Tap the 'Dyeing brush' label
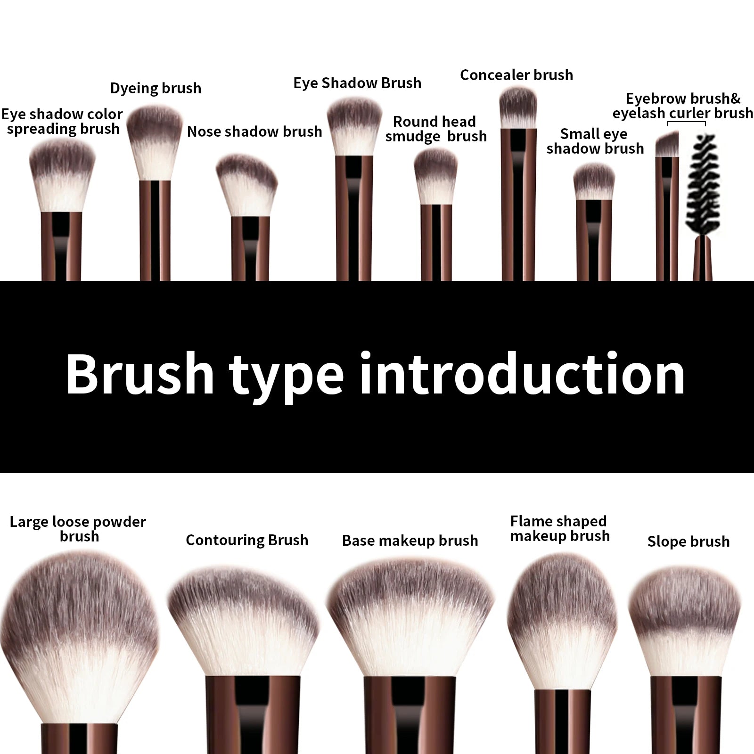coord(156,88)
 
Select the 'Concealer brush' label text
coord(516,75)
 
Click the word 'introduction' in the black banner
coord(522,375)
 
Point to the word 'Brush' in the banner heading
coord(139,375)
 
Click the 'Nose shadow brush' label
coord(254,131)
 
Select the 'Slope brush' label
coord(688,541)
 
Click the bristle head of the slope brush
coord(685,622)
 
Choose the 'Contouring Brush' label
coord(247,540)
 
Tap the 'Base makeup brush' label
coord(410,541)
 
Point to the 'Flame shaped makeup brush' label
coord(560,529)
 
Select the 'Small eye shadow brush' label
coord(594,141)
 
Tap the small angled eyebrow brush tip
coord(667,145)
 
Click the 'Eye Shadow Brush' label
coord(357,83)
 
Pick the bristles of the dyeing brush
coord(155,141)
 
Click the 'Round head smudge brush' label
coord(435,129)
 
